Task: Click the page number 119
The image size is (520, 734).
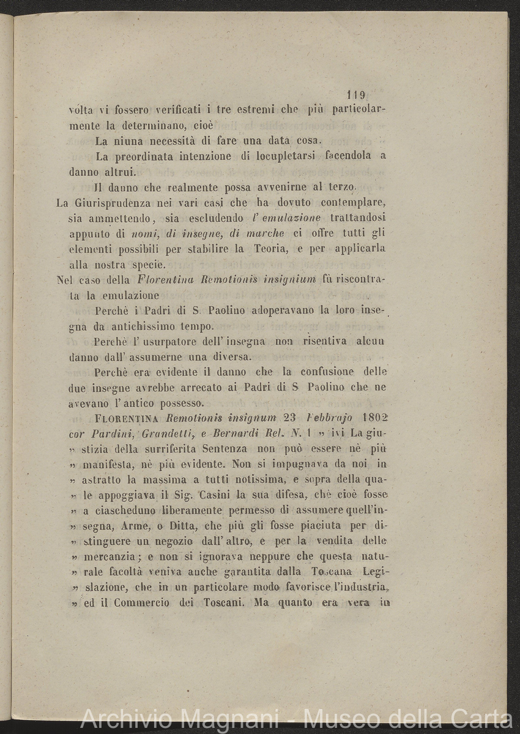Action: click(355, 95)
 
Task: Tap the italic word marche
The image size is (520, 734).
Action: click(267, 233)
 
